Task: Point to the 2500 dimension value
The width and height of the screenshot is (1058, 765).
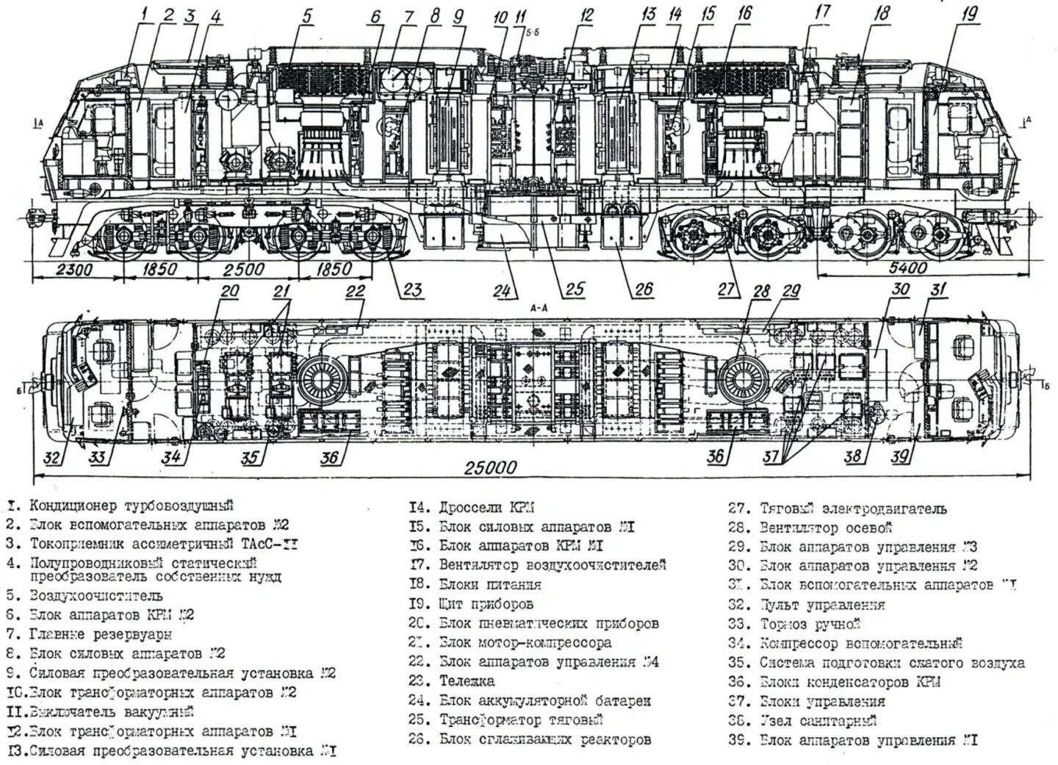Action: point(245,269)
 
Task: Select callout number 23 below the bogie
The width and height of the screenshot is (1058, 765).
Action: point(411,290)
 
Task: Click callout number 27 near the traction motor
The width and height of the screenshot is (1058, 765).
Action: point(727,289)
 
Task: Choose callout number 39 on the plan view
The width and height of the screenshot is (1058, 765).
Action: point(900,457)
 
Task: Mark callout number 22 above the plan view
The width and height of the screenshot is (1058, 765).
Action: point(355,291)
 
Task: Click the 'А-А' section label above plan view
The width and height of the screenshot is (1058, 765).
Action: point(540,309)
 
